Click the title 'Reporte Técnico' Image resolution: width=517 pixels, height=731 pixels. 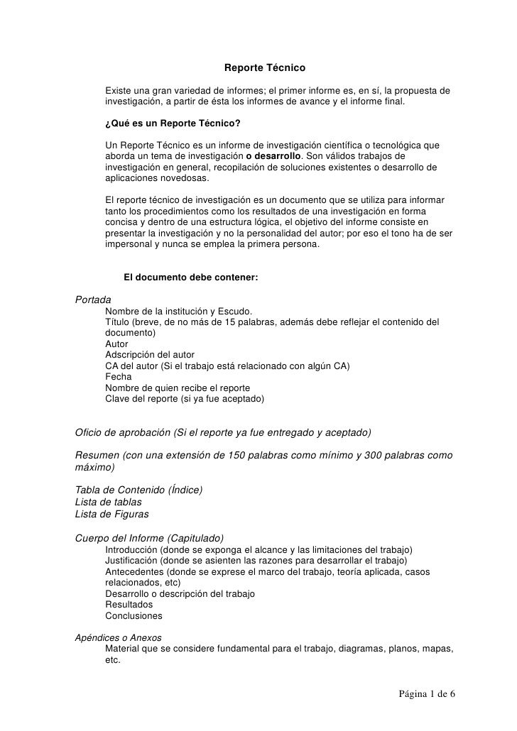pos(264,69)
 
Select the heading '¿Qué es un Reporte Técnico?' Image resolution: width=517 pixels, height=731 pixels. pos(173,123)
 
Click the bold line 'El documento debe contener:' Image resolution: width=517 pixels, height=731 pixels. pos(190,277)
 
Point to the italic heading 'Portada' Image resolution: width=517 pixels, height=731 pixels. pos(93,299)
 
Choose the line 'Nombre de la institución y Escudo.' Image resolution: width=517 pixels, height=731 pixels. pos(178,311)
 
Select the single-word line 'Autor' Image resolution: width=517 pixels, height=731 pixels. pos(116,344)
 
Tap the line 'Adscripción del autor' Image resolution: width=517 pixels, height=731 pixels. pos(150,355)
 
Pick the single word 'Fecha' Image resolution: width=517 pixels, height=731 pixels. pos(118,377)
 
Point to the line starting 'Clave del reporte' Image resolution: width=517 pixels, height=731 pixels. pos(185,399)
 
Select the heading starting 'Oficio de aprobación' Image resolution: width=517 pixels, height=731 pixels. pos(223,432)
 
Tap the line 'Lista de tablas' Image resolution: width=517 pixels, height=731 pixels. pos(108,502)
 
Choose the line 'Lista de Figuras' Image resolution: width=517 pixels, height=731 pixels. pos(111,514)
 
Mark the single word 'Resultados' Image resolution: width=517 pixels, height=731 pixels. pos(129,604)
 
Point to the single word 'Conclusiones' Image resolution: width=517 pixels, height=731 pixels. pos(134,615)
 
